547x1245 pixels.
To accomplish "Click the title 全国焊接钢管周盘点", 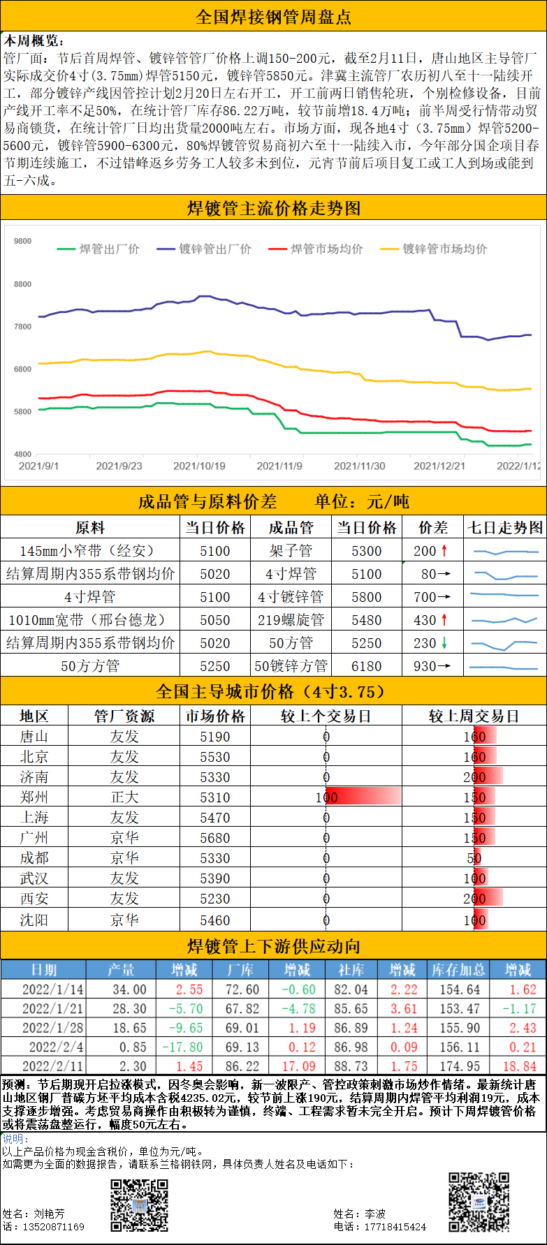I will pos(273,16).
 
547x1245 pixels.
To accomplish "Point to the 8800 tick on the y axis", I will pos(23,284).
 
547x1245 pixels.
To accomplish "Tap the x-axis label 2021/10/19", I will pos(199,466).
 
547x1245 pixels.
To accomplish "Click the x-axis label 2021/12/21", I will pos(439,466).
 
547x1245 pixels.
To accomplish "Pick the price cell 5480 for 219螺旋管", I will pos(366,620).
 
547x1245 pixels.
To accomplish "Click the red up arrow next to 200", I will pos(444,551).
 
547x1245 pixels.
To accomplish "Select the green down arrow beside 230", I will pos(444,643).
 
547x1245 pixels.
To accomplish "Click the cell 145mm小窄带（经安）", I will pos(89,551).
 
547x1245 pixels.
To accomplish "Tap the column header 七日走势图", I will pos(504,528).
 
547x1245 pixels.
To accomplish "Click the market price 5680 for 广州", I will pos(214,838).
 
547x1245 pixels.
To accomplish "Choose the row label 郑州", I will pos(34,797).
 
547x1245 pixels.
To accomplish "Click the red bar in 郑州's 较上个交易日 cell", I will pos(363,797).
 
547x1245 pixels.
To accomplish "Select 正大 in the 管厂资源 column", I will pos(124,797).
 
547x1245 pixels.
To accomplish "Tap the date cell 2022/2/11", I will pos(52,1066).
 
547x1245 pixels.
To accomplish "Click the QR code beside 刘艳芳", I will pos(140,1205).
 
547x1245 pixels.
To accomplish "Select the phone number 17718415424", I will pos(395,1227).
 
